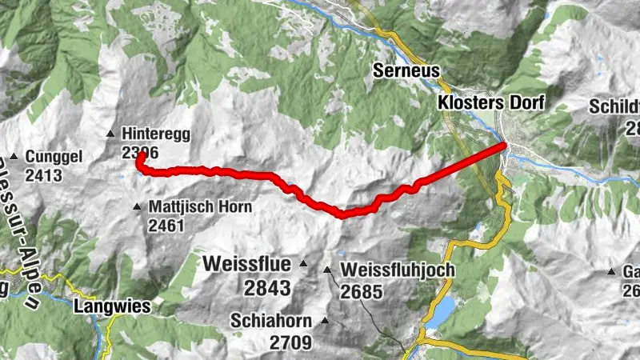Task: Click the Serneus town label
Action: (x=406, y=71)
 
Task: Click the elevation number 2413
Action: (x=43, y=174)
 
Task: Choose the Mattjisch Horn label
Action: (x=200, y=207)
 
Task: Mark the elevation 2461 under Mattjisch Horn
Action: (x=166, y=226)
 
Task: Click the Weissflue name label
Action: (x=249, y=263)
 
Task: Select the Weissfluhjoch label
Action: (x=397, y=270)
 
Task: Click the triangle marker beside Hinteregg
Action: (x=110, y=134)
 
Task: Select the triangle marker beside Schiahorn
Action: (x=325, y=321)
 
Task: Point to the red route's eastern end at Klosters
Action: (x=504, y=145)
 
